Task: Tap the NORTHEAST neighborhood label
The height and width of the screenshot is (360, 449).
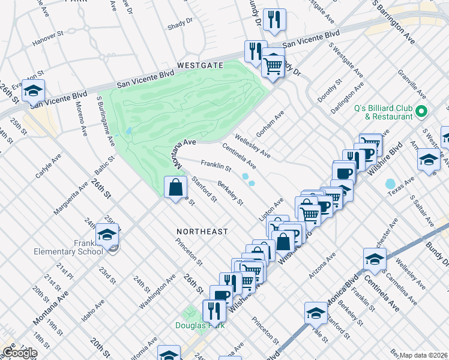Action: point(202,231)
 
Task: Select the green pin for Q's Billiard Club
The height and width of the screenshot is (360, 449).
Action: point(421,112)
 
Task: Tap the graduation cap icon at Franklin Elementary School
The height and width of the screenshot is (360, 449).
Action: point(107,235)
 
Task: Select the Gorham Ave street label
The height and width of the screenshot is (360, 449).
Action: point(270,122)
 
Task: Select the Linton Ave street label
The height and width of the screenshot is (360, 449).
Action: point(271,211)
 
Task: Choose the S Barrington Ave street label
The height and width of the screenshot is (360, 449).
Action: point(394,20)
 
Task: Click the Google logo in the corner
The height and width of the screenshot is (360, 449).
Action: point(20,352)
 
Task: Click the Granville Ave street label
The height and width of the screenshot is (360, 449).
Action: point(412,84)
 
